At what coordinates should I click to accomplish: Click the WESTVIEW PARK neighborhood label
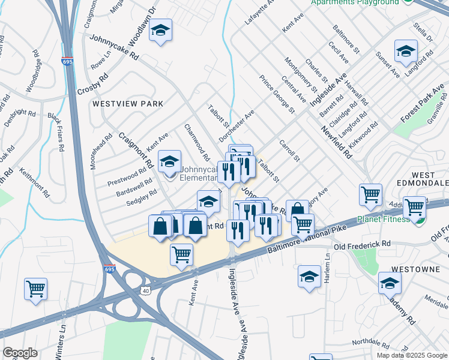(128, 104)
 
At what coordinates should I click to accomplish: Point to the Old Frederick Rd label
(362, 245)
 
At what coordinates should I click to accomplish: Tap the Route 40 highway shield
(145, 290)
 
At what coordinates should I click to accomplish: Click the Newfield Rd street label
(336, 142)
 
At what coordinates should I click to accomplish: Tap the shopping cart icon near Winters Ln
(35, 289)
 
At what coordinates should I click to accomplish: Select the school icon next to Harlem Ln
(309, 277)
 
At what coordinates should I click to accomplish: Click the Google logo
(20, 352)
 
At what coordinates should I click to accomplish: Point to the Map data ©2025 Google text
(411, 355)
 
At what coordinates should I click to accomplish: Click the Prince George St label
(277, 94)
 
